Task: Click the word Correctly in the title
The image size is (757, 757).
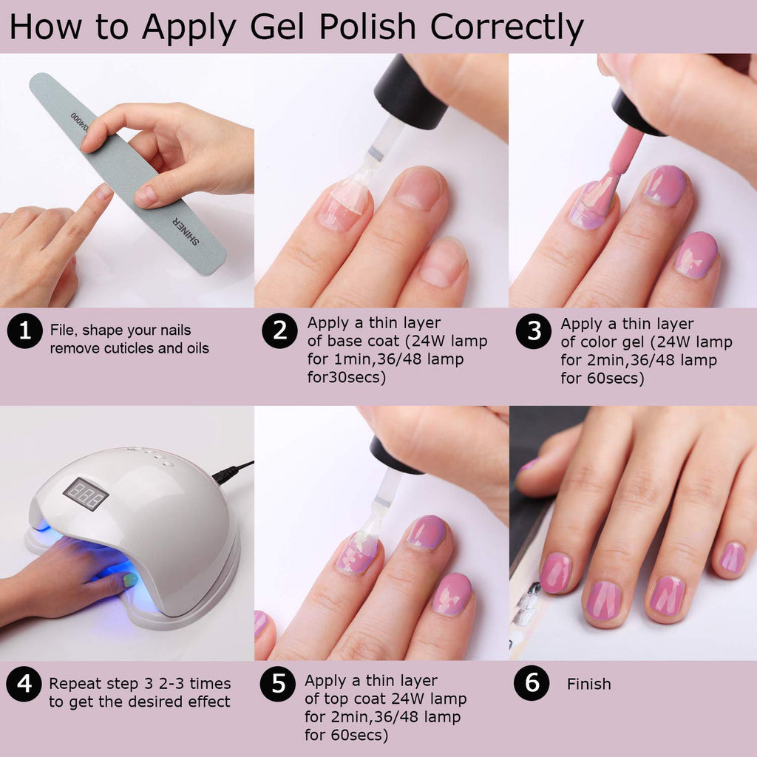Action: (506, 27)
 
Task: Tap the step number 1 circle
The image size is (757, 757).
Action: (24, 330)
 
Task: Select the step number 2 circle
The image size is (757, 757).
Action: (279, 330)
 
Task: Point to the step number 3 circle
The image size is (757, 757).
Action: (534, 331)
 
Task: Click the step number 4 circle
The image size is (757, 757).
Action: (24, 684)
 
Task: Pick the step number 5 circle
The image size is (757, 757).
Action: (278, 684)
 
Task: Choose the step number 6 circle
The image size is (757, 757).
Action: (532, 682)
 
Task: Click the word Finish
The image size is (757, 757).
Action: (589, 684)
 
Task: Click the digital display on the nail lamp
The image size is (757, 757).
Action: (86, 493)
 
